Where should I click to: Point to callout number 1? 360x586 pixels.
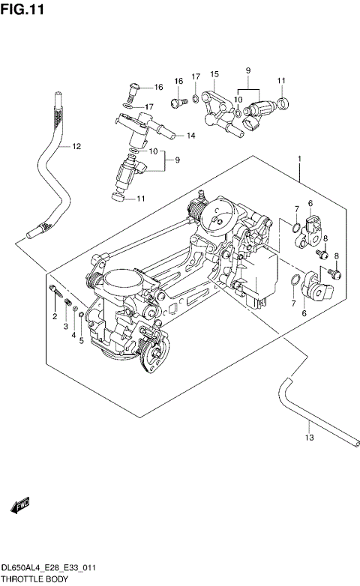pyautogui.click(x=299, y=159)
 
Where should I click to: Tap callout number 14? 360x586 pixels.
pyautogui.click(x=190, y=136)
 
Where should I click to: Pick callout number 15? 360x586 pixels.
pyautogui.click(x=214, y=74)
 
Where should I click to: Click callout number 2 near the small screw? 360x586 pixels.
pyautogui.click(x=55, y=318)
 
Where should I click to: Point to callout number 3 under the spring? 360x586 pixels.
pyautogui.click(x=65, y=327)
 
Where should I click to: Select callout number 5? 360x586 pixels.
pyautogui.click(x=80, y=341)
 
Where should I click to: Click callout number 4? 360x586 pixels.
pyautogui.click(x=73, y=334)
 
